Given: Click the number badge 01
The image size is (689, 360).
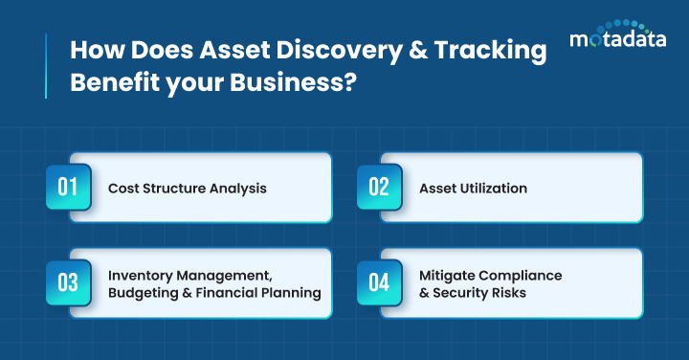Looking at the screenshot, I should click(x=68, y=187).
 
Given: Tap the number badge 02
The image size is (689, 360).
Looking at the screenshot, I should click(x=379, y=187).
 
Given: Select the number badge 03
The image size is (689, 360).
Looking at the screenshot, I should click(x=68, y=282).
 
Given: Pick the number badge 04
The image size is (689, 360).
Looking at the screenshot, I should click(x=379, y=282).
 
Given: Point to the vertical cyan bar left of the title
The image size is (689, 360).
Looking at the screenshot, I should click(x=45, y=65).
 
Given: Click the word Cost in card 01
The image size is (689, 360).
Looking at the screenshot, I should click(x=123, y=189).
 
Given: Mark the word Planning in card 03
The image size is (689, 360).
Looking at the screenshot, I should click(x=290, y=293).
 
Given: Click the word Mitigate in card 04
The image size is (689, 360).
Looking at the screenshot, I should click(x=448, y=275).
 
